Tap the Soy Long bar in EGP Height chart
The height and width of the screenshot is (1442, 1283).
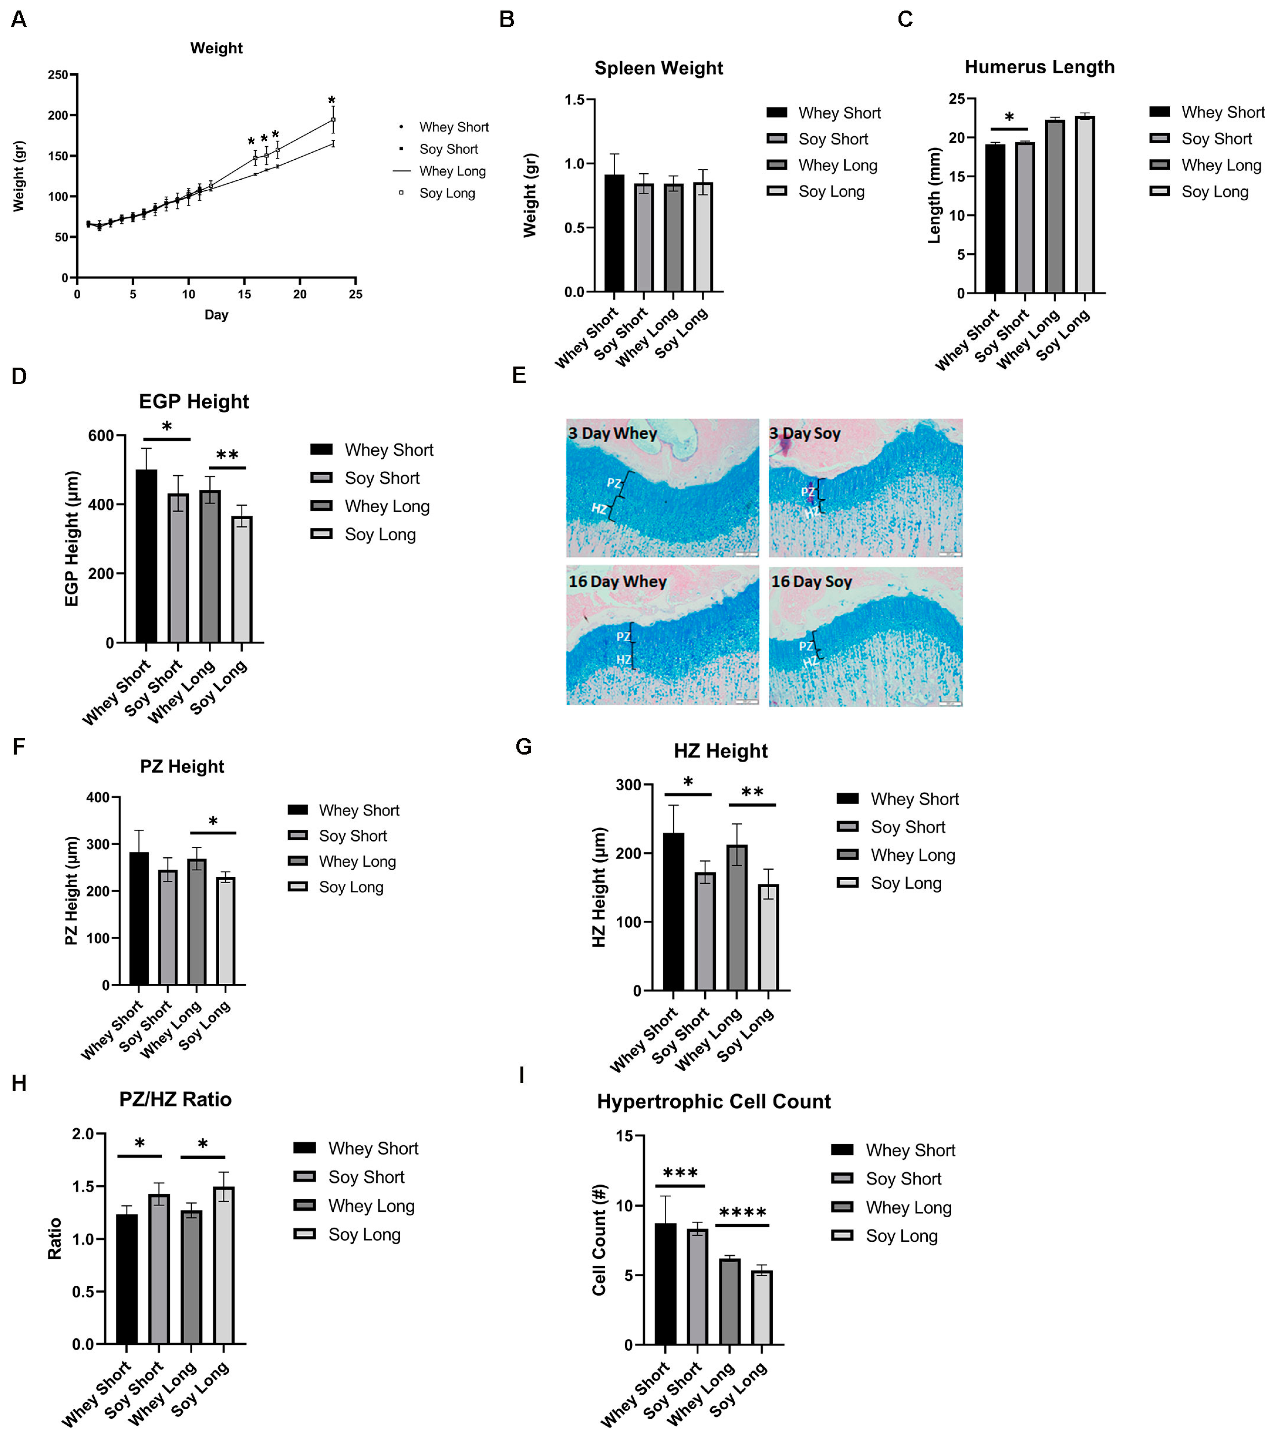coord(242,579)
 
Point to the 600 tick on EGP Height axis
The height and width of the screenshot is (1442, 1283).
coord(101,436)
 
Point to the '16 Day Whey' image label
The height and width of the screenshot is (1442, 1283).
coord(617,581)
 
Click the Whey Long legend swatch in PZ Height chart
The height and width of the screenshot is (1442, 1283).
coord(298,861)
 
